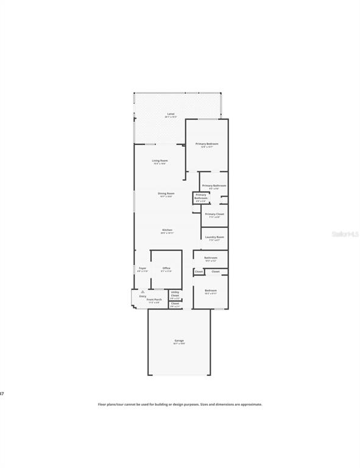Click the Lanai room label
coord(171,114)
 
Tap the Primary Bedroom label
coord(206,144)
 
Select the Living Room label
coord(160,160)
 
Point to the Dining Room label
coord(166,193)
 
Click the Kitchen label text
coord(167,230)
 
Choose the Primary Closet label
coord(214,214)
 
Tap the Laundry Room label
coord(214,237)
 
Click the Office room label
coord(166,268)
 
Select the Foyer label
coord(143,268)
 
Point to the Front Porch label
coord(154,299)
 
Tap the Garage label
coord(179,341)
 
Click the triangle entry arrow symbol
coord(143,292)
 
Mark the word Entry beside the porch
coord(143,297)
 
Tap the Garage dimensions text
coord(179,344)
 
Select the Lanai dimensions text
coord(171,117)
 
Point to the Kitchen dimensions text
coord(167,233)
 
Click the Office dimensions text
coord(166,271)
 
